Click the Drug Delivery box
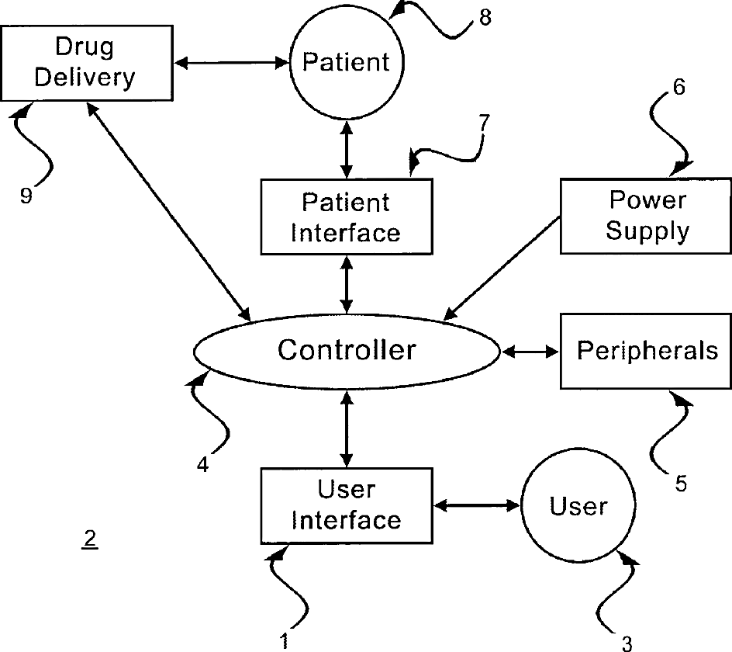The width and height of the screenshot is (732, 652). pyautogui.click(x=87, y=63)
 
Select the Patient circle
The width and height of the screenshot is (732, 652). pyautogui.click(x=346, y=62)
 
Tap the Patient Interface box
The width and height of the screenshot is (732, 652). pyautogui.click(x=346, y=217)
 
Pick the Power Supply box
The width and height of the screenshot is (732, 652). pyautogui.click(x=646, y=216)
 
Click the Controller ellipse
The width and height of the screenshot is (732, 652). pyautogui.click(x=347, y=351)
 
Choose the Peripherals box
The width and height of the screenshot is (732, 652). pyautogui.click(x=646, y=351)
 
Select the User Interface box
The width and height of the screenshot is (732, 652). pyautogui.click(x=346, y=505)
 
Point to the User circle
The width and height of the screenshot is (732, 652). pyautogui.click(x=578, y=507)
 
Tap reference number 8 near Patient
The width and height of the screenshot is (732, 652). pyautogui.click(x=485, y=17)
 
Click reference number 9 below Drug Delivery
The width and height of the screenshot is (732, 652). pyautogui.click(x=26, y=196)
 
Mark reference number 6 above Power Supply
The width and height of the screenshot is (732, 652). pyautogui.click(x=678, y=88)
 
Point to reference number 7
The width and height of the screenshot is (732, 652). pyautogui.click(x=484, y=122)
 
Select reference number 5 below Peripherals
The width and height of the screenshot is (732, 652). pyautogui.click(x=680, y=483)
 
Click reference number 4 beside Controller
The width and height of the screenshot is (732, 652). pyautogui.click(x=202, y=466)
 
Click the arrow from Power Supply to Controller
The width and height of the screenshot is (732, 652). pyautogui.click(x=502, y=267)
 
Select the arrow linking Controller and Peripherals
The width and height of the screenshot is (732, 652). pyautogui.click(x=531, y=352)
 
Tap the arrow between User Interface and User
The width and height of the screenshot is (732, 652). pyautogui.click(x=476, y=506)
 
